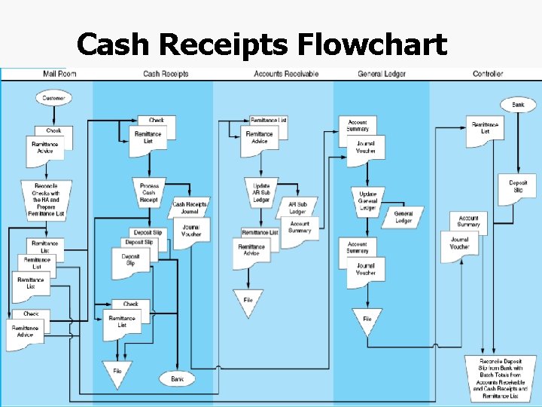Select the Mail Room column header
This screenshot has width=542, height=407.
60,74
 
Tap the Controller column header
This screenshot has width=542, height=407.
488,74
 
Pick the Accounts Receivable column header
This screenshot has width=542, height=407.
286,74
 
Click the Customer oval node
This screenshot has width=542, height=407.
53,98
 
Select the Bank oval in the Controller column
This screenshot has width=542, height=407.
518,105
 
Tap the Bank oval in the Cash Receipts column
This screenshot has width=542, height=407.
178,378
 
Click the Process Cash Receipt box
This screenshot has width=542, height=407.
149,193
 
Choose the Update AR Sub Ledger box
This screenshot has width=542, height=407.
261,193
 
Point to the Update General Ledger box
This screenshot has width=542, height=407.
367,200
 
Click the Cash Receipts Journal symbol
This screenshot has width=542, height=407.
190,208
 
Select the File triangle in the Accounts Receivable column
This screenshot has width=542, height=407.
248,301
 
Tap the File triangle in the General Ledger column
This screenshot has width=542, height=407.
367,320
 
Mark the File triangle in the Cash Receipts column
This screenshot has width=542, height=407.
117,372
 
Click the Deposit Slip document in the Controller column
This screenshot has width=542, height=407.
518,188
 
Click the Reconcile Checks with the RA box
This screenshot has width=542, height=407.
46,200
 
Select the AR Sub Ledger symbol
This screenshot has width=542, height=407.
298,208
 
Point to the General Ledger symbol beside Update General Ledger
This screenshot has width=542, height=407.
403,217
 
